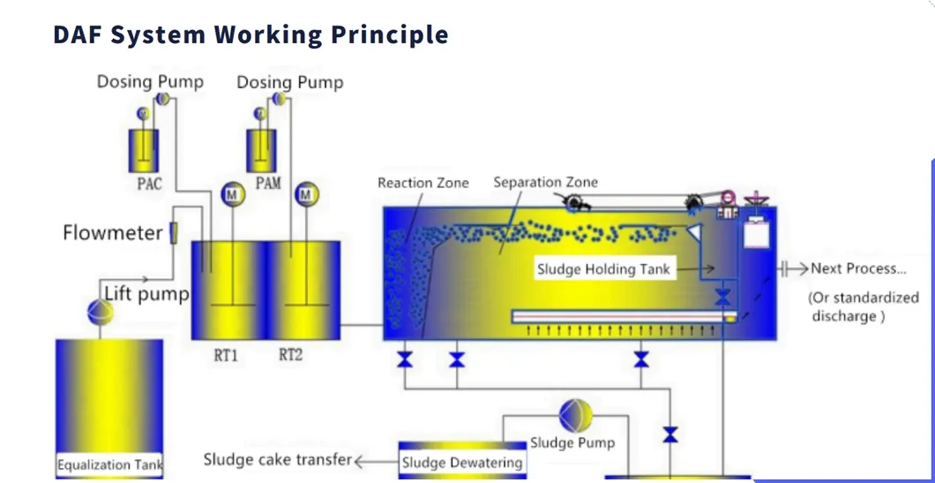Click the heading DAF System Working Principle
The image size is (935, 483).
[251, 35]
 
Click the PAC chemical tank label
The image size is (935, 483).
[149, 185]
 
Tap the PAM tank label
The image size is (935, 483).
[267, 184]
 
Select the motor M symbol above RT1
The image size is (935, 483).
[232, 194]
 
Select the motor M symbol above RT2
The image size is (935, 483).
[306, 194]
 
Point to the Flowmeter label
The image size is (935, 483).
[112, 233]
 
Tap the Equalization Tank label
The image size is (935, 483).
[109, 464]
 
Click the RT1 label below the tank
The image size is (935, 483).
[226, 356]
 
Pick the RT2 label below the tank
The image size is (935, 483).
[290, 356]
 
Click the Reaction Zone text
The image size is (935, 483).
[423, 183]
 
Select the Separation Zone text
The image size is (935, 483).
[545, 182]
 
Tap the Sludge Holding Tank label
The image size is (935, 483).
[603, 269]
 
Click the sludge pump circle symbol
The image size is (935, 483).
[575, 415]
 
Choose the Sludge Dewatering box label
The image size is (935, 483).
[462, 463]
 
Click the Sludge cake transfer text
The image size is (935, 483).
[277, 459]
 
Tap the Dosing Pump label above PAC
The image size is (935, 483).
[150, 82]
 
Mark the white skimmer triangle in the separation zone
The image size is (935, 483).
[694, 232]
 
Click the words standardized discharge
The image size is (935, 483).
[864, 306]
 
